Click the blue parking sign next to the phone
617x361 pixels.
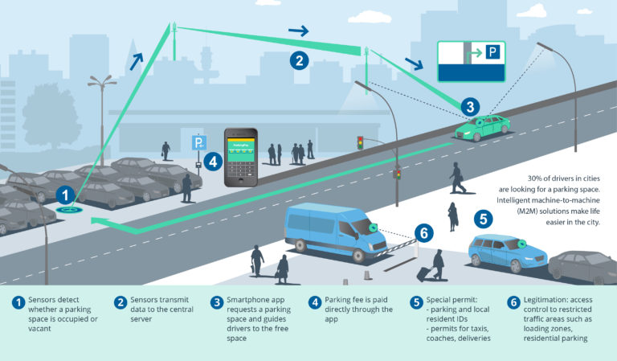198,143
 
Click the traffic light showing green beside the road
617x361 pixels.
361,143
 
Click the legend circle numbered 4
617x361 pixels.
316,303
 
